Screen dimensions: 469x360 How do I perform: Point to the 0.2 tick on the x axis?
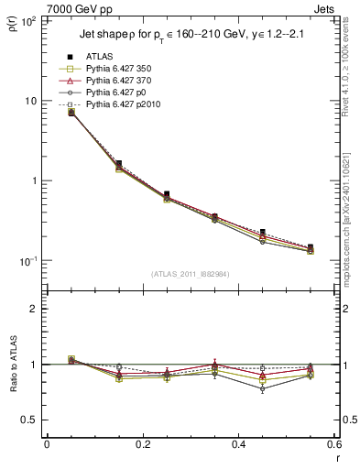pyautogui.click(x=142, y=443)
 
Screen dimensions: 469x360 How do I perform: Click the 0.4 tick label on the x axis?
pyautogui.click(x=238, y=443)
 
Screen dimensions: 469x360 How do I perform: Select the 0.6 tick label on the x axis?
pyautogui.click(x=333, y=443)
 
